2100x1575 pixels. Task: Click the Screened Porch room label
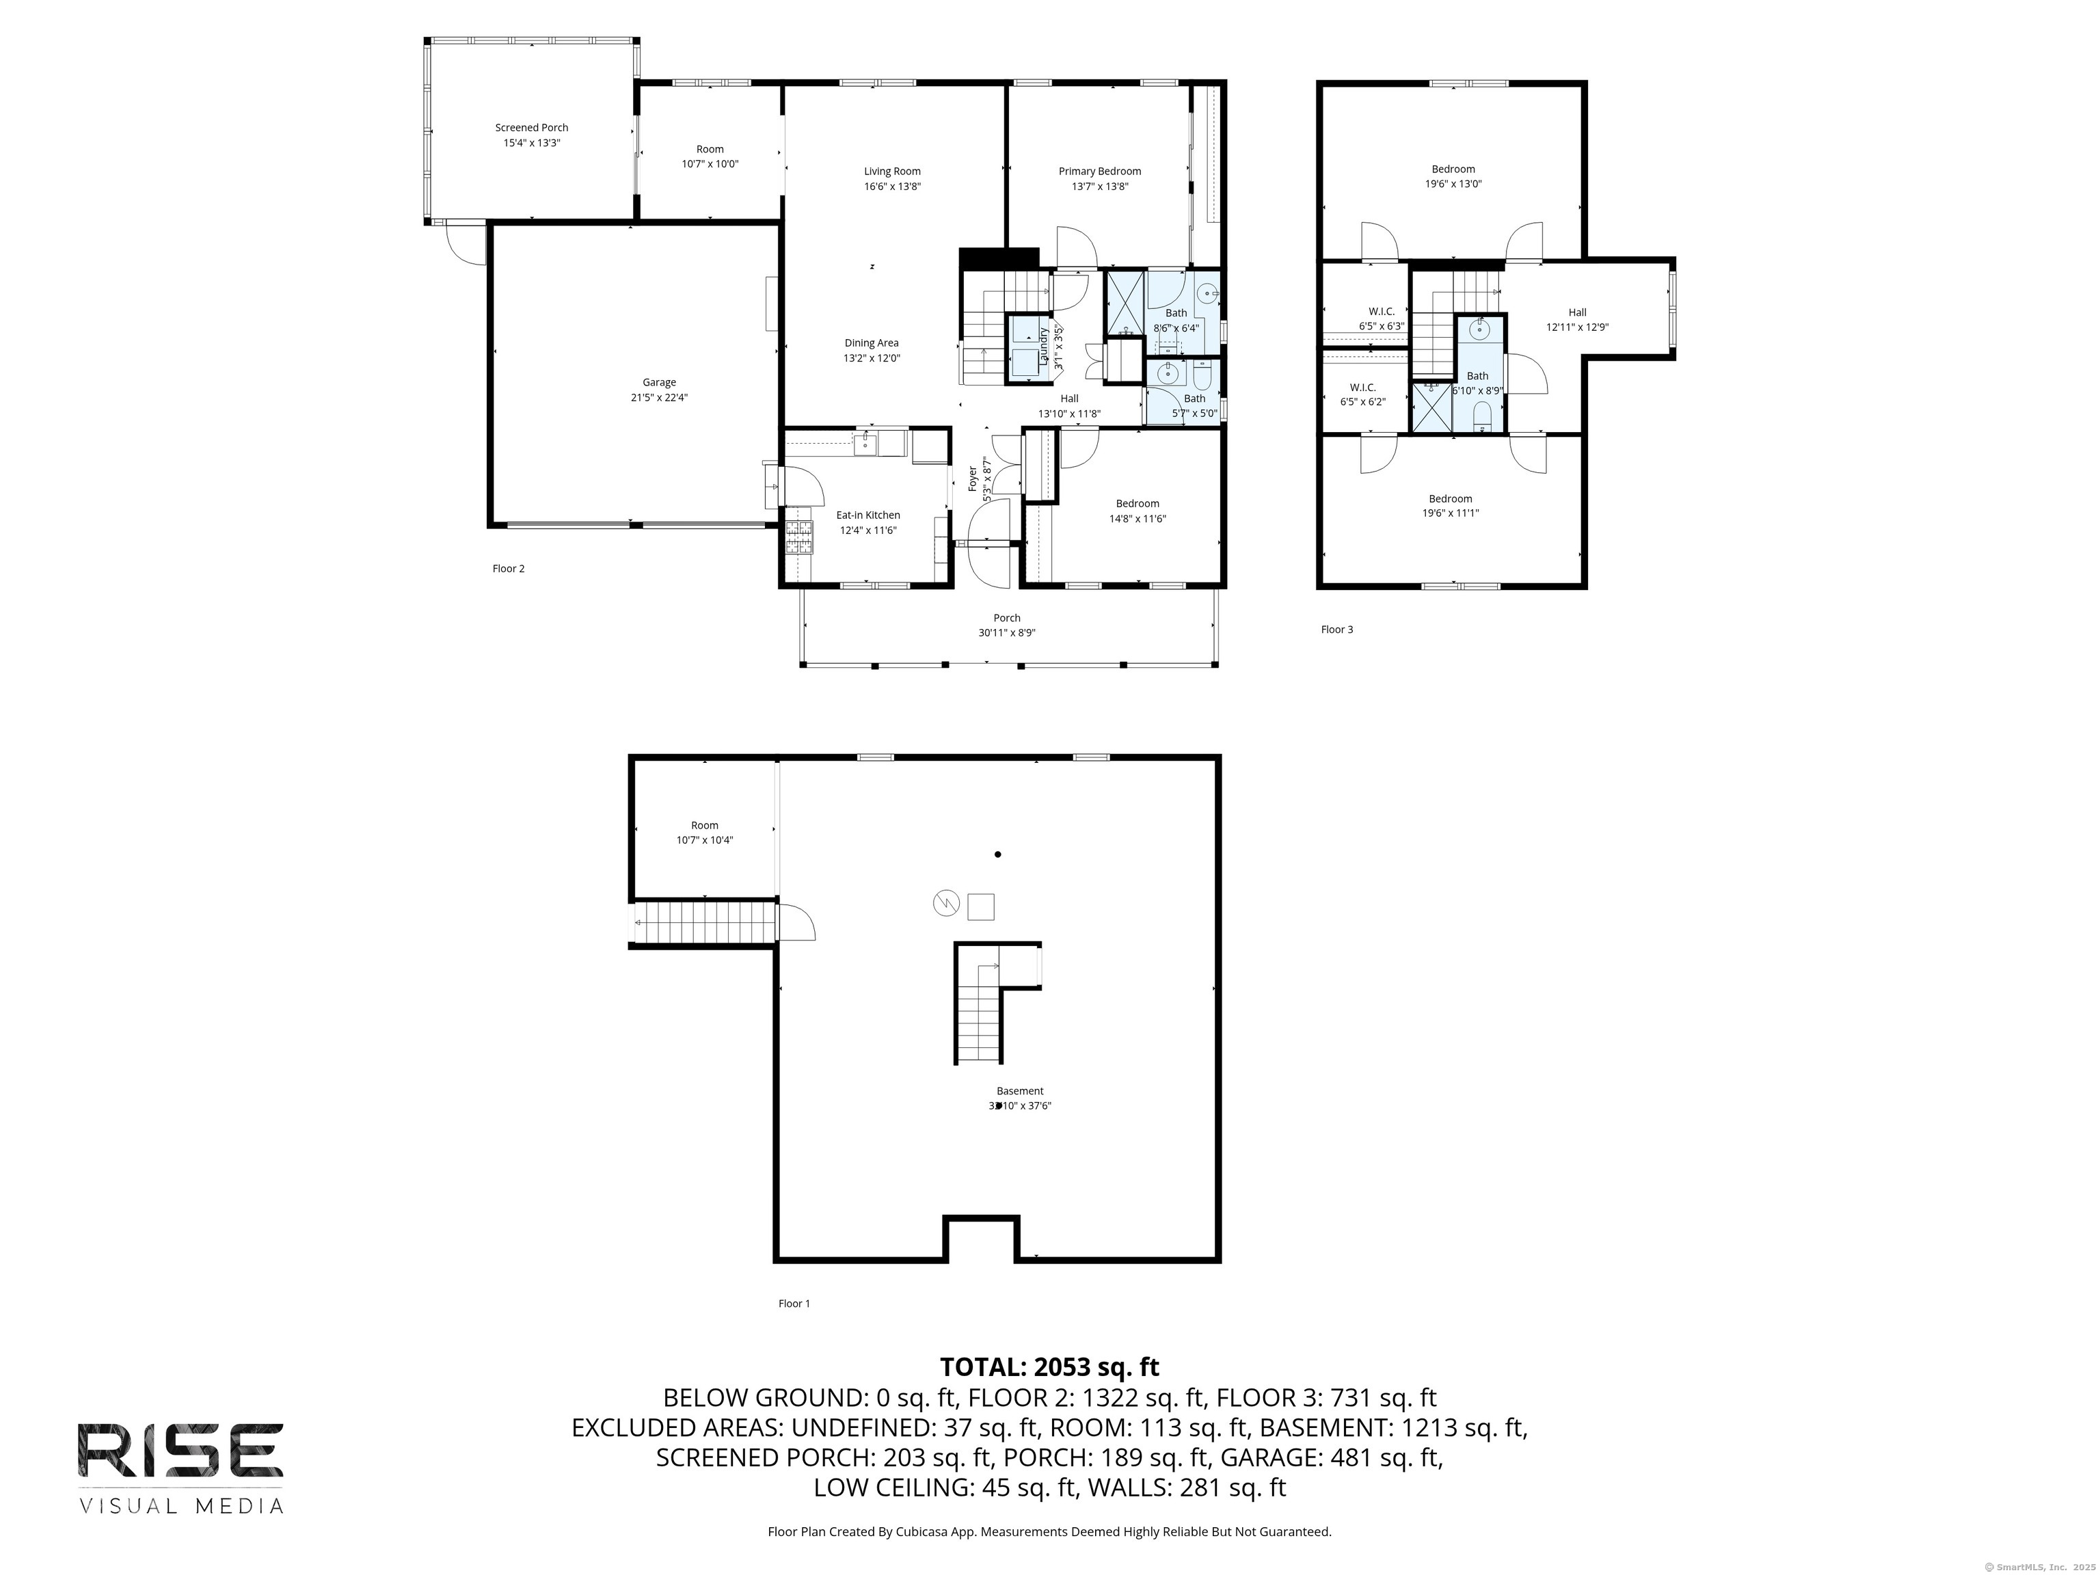click(x=532, y=128)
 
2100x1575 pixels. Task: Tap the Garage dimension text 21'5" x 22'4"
click(x=659, y=398)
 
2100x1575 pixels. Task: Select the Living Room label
click(x=892, y=172)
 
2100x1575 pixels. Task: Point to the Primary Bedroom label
click(x=1101, y=172)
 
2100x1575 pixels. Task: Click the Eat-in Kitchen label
click(x=867, y=515)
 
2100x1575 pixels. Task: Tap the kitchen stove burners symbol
click(x=799, y=537)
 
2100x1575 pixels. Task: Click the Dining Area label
click(x=872, y=344)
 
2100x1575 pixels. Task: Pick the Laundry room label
click(x=1043, y=347)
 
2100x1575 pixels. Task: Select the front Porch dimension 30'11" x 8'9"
click(x=1006, y=633)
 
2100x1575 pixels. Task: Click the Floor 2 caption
click(x=508, y=569)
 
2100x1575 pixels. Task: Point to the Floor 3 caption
click(x=1336, y=630)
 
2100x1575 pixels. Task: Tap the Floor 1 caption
click(x=794, y=1304)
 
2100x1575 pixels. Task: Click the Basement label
click(x=1020, y=1092)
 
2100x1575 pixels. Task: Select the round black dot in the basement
click(x=998, y=854)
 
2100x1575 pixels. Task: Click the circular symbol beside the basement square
click(x=947, y=903)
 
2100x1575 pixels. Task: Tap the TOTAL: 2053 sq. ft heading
click(x=1049, y=1367)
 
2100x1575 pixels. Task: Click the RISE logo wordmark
click(x=180, y=1450)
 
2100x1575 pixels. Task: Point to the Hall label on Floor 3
click(x=1577, y=312)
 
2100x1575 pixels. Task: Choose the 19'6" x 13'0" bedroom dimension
click(x=1453, y=184)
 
